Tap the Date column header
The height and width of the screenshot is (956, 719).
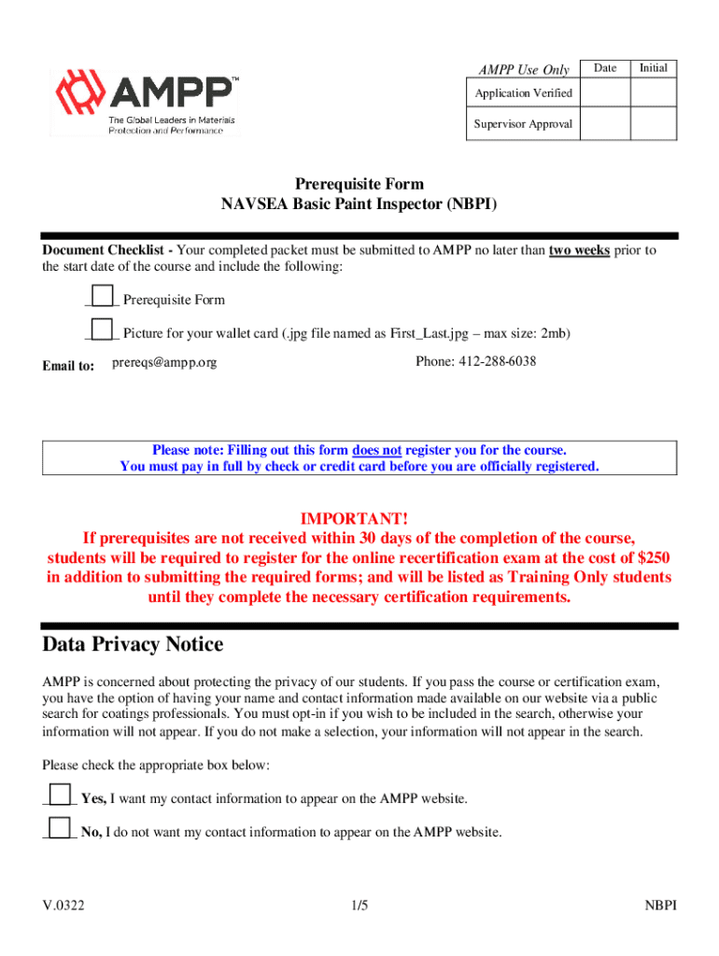605,68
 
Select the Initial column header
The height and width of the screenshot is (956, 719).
654,68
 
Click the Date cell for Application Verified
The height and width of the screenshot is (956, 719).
605,93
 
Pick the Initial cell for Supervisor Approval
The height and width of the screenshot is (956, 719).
654,123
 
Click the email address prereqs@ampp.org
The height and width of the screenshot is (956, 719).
164,362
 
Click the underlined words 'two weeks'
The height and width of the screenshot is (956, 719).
579,250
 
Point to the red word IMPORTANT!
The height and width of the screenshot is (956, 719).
354,518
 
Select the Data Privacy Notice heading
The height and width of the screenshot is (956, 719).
133,645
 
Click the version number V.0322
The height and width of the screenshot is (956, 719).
63,906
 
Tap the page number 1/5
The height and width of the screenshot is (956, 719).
360,906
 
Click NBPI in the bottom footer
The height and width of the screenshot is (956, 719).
660,906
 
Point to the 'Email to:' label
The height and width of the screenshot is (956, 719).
68,367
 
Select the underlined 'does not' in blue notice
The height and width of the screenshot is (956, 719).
376,449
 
